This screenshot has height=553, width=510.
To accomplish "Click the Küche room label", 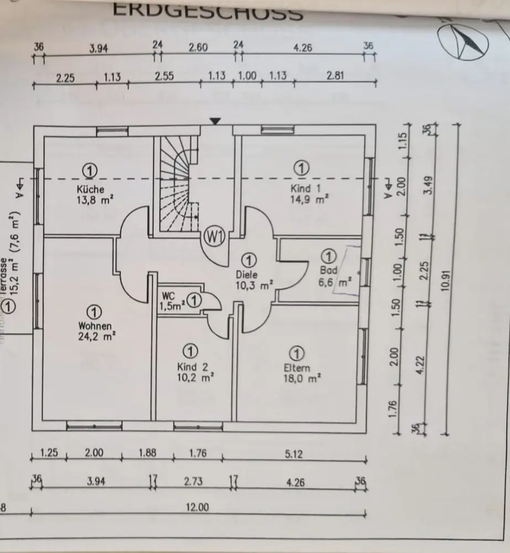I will [91, 190].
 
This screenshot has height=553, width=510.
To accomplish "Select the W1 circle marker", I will [213, 237].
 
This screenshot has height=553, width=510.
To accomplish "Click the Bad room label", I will [328, 272].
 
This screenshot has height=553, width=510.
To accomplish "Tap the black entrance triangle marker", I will [215, 121].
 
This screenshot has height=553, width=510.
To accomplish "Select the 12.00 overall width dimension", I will [197, 507].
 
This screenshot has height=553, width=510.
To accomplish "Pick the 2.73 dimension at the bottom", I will [193, 482].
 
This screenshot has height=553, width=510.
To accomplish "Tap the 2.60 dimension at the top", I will [198, 48].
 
